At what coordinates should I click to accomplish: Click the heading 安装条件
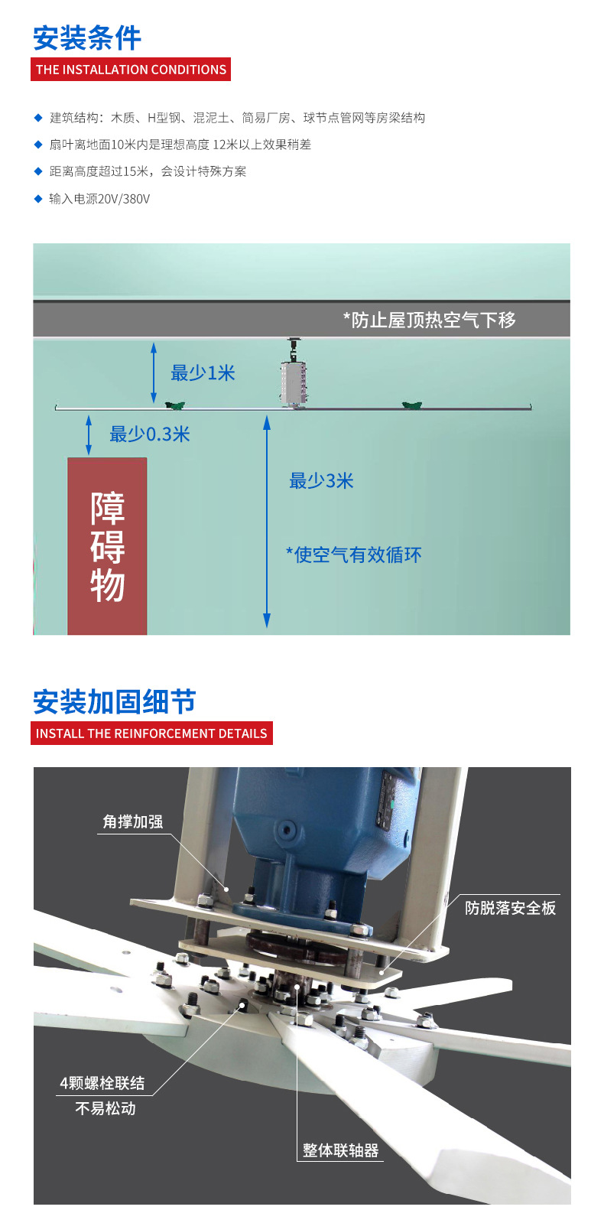[x=87, y=37]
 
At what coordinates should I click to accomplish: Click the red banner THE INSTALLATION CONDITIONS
[x=131, y=70]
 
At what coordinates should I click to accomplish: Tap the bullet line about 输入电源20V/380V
[x=99, y=199]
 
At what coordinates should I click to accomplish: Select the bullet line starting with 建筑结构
[x=237, y=118]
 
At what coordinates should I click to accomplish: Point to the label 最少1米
[x=203, y=373]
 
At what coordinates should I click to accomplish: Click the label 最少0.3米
[x=149, y=434]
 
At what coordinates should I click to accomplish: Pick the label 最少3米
[x=321, y=481]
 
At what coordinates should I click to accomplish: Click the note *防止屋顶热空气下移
[x=429, y=320]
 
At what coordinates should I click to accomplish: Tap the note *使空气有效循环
[x=354, y=555]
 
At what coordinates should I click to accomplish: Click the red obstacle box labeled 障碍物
[x=107, y=546]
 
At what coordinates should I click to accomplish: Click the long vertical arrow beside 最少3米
[x=267, y=520]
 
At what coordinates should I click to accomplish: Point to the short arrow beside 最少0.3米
[x=89, y=434]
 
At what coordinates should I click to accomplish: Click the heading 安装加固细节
[x=115, y=701]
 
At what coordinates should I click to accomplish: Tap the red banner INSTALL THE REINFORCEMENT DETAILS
[x=151, y=733]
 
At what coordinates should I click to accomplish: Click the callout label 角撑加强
[x=133, y=821]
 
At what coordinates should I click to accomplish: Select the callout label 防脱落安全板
[x=510, y=908]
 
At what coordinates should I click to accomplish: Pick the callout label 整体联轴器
[x=340, y=1150]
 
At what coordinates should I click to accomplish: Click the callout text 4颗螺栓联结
[x=102, y=1083]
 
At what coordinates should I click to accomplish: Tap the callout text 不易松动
[x=106, y=1108]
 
